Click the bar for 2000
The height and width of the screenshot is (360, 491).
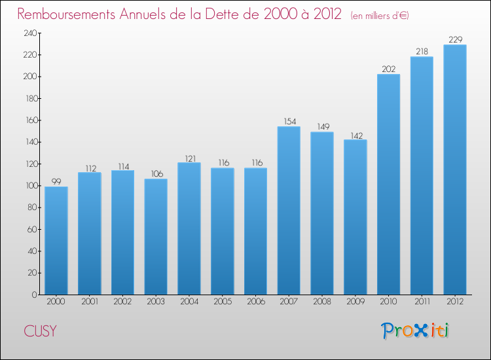(56, 240)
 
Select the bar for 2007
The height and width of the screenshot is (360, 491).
(289, 210)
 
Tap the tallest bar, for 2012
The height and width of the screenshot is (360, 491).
(455, 170)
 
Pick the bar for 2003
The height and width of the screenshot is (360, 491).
(156, 236)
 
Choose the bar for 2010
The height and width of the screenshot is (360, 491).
(388, 184)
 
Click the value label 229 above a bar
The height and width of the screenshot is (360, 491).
(455, 40)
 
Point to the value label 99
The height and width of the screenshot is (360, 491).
(56, 182)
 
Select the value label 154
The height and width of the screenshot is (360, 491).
(289, 122)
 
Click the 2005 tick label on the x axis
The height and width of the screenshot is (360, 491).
(222, 302)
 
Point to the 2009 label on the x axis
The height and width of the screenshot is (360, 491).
(355, 302)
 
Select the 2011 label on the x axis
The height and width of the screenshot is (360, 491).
(422, 302)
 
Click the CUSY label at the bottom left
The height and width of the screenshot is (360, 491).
(40, 331)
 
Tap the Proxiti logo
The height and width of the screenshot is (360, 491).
(416, 331)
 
